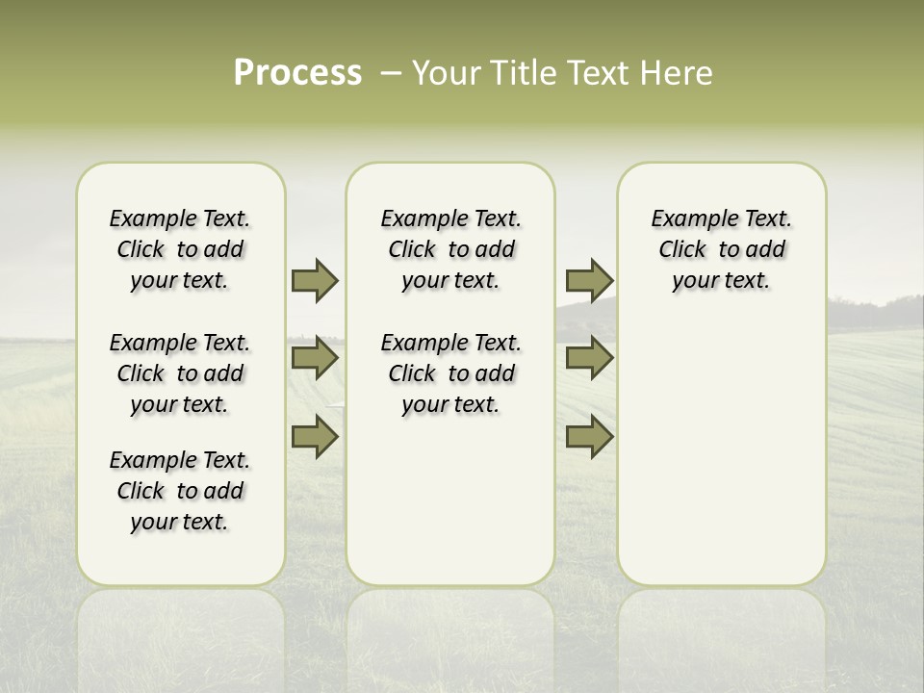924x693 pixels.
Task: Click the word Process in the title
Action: pos(297,73)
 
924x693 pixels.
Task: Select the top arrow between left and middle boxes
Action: pos(315,281)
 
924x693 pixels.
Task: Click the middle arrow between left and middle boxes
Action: pos(315,359)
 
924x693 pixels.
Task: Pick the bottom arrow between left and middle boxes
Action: pos(315,438)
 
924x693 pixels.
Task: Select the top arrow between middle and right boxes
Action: pos(589,281)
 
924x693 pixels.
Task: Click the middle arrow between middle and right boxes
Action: pos(589,359)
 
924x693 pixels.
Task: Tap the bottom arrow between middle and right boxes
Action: pos(589,438)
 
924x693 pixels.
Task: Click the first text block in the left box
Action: pos(180,249)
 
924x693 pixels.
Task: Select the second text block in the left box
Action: pos(180,373)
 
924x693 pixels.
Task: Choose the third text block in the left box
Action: pos(180,491)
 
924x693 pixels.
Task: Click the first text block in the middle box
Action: pos(451,249)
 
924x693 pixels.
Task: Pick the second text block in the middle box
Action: pos(451,373)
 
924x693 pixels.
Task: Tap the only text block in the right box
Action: pos(722,249)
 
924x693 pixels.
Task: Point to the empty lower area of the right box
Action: pos(722,443)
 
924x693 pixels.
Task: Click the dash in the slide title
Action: pos(391,73)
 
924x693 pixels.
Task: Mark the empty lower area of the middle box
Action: pos(450,500)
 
